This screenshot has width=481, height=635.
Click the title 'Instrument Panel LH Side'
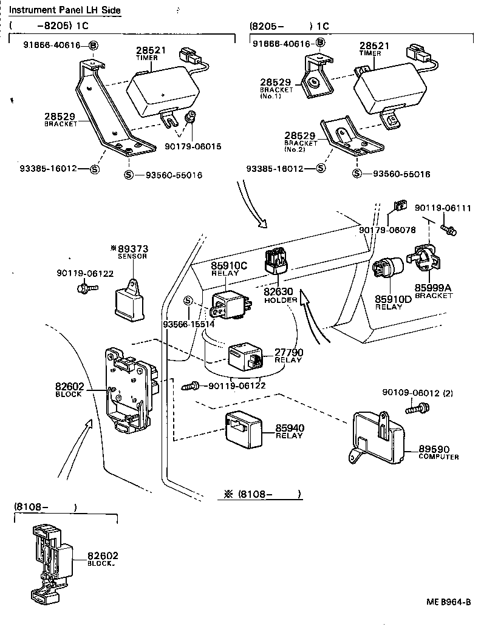65,10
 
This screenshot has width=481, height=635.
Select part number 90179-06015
193,146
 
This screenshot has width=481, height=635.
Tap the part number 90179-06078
387,231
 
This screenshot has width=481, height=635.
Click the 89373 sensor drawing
132,300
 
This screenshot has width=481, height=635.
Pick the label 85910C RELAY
230,269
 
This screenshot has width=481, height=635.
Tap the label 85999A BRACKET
434,291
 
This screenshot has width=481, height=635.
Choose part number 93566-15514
189,324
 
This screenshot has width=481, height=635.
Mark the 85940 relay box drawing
244,429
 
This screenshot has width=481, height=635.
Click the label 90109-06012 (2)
417,393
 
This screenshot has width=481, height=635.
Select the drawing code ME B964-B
448,602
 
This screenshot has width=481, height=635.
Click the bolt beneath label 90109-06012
414,410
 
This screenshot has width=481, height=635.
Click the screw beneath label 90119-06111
449,229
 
